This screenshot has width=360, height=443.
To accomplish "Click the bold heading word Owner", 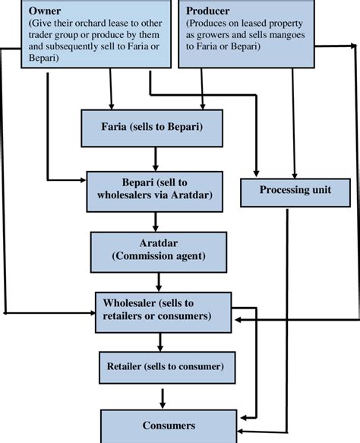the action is click(45, 11).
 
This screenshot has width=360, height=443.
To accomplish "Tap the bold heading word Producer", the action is click(207, 11).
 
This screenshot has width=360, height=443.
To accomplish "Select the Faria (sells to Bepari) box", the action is click(152, 128).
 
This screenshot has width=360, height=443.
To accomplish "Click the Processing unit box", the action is click(295, 192).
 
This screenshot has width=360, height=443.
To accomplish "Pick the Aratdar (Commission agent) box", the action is click(159, 252).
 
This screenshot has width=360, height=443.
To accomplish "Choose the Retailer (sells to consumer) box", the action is click(167, 368).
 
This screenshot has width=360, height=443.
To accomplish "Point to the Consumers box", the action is click(169, 426).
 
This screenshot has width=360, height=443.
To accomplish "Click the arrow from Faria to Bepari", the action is click(155, 159).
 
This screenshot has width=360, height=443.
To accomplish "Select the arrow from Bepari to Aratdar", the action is click(155, 222).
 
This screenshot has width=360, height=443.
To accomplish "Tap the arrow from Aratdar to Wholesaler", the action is click(159, 282).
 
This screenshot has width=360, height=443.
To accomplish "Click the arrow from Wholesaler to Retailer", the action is click(160, 342).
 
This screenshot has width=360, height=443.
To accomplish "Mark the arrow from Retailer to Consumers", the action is click(163, 399).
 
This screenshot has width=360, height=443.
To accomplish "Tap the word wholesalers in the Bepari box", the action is click(124, 195).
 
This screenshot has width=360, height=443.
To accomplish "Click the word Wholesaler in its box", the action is click(129, 303).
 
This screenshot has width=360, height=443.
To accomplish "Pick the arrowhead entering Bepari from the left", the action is click(84, 180).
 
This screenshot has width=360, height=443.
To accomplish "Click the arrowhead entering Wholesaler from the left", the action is click(93, 313).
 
